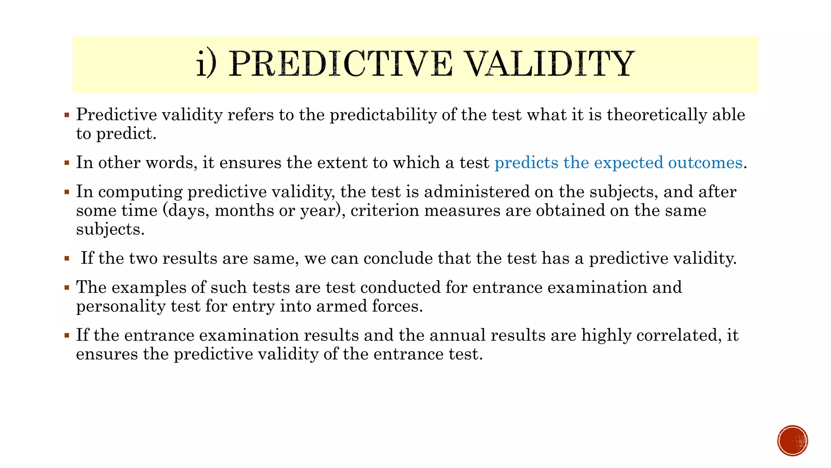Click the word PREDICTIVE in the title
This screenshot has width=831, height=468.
click(340, 64)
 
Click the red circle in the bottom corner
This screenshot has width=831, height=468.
click(792, 441)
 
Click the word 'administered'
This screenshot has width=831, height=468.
click(477, 192)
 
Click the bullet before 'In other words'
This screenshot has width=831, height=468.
click(67, 163)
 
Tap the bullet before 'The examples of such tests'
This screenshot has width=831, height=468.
click(67, 288)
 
